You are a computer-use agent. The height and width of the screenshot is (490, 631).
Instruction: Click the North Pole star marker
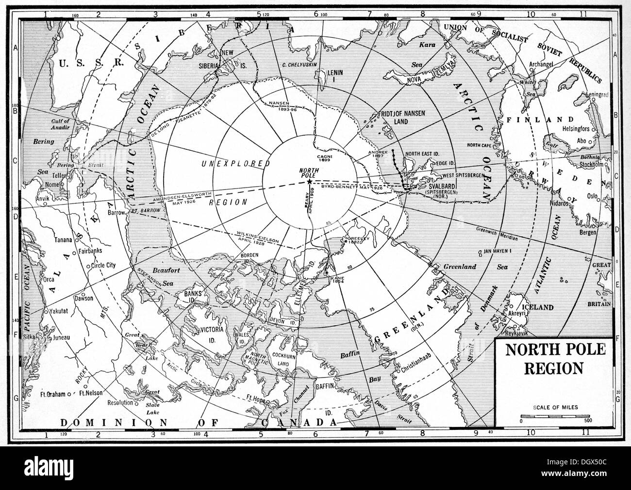pyautogui.click(x=310, y=180)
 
